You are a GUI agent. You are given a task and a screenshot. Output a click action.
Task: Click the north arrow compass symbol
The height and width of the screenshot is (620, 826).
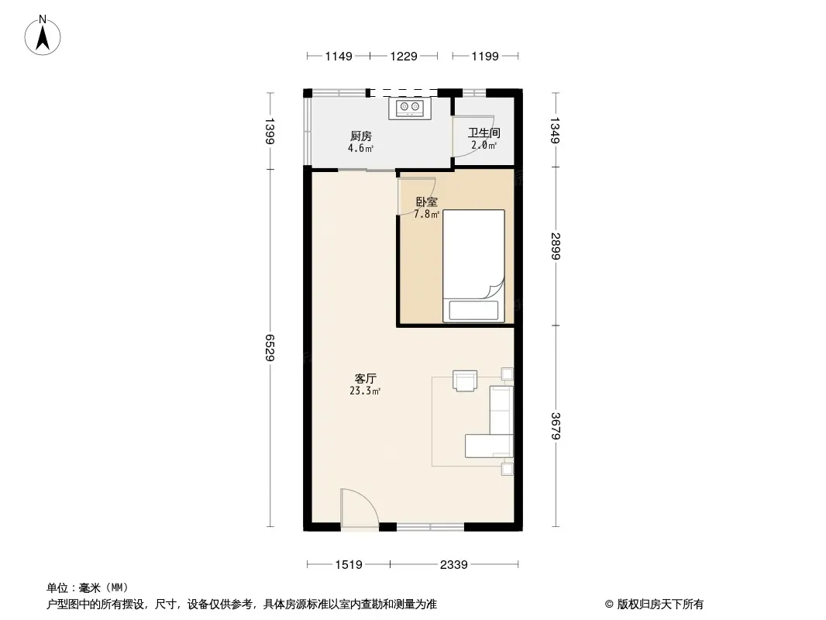pos(43,36)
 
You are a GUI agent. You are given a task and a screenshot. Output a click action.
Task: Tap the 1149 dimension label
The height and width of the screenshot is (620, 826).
pos(338,57)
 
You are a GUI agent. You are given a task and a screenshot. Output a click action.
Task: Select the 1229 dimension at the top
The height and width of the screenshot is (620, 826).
pos(404,57)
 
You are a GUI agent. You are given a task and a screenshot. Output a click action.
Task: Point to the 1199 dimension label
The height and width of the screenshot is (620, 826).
pos(484,57)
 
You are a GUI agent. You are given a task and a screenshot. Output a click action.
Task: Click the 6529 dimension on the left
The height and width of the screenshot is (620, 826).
pos(270,348)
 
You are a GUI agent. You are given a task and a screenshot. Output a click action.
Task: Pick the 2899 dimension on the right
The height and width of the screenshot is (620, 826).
pos(556,246)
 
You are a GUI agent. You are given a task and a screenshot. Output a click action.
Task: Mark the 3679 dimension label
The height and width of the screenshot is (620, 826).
pos(556,425)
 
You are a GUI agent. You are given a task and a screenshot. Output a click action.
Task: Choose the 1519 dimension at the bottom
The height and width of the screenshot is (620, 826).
pos(349,565)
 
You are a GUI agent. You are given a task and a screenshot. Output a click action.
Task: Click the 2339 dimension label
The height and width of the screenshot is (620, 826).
pos(453,565)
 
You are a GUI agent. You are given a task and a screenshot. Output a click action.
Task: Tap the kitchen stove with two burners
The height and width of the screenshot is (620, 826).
pos(410,108)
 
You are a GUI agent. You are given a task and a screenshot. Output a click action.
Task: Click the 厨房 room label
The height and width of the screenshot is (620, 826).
pos(361,136)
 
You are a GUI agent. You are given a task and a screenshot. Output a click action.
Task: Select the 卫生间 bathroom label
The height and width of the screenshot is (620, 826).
pos(484,133)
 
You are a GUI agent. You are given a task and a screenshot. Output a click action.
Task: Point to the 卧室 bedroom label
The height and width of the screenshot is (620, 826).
pos(427,201)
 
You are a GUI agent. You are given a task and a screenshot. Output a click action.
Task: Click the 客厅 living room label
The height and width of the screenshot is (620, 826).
pos(365,379)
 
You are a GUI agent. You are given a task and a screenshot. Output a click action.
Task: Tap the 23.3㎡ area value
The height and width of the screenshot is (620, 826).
pos(365,391)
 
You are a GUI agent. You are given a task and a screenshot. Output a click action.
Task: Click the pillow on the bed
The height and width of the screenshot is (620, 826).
pos(473,310)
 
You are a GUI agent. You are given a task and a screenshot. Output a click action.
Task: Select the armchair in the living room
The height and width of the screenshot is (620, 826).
pos(465,381)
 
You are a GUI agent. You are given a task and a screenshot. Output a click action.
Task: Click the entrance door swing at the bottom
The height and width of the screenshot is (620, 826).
pos(360,508)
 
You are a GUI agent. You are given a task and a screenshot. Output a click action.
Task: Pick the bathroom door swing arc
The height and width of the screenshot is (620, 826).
pos(473,136)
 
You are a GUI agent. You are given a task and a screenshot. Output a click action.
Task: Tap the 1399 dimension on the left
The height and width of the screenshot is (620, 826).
pos(270,131)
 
